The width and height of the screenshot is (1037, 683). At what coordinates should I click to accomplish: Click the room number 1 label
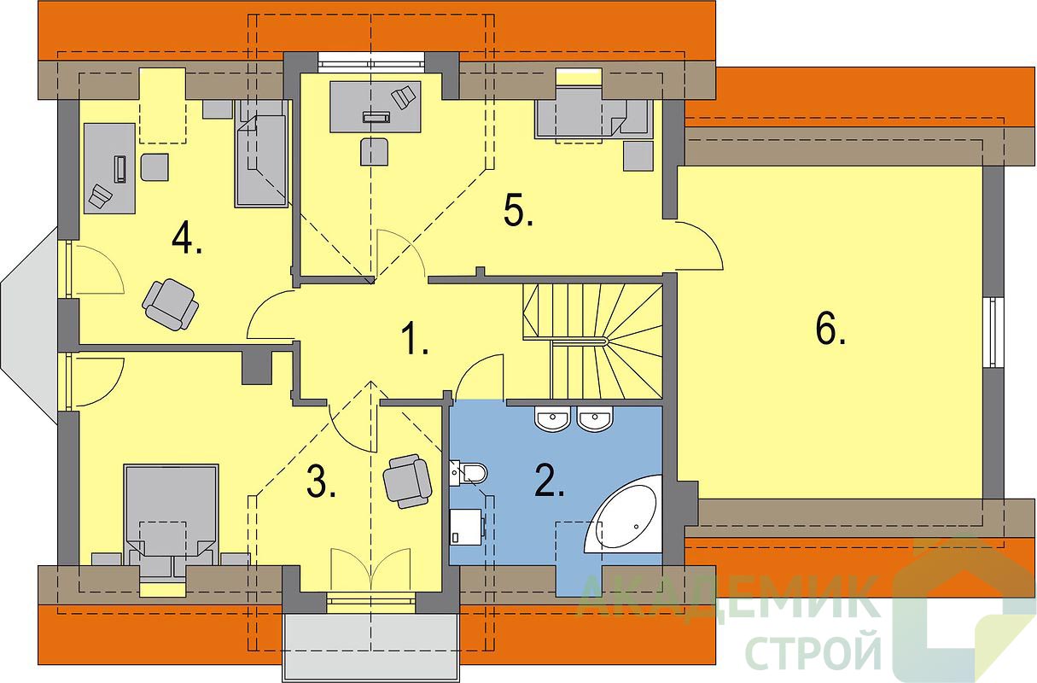(414, 339)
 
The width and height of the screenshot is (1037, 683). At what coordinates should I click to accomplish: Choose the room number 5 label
(518, 212)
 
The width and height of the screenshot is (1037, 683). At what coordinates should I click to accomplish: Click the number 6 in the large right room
(830, 330)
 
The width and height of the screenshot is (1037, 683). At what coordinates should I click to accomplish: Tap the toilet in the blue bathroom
(468, 473)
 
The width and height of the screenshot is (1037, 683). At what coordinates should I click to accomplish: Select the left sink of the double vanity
(552, 418)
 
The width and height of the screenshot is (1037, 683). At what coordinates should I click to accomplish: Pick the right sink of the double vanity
(596, 418)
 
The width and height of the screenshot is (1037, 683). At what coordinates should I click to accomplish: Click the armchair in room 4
(171, 304)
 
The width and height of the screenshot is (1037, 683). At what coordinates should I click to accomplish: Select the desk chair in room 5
(374, 151)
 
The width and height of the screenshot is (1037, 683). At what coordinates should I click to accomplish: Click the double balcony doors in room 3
(370, 570)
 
